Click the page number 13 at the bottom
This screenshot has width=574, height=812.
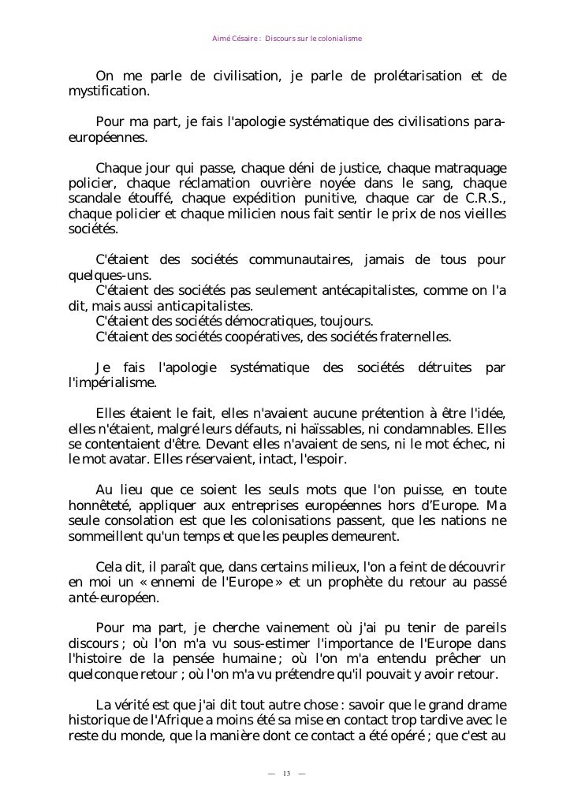tap(286, 771)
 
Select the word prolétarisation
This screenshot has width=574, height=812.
tap(404, 76)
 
